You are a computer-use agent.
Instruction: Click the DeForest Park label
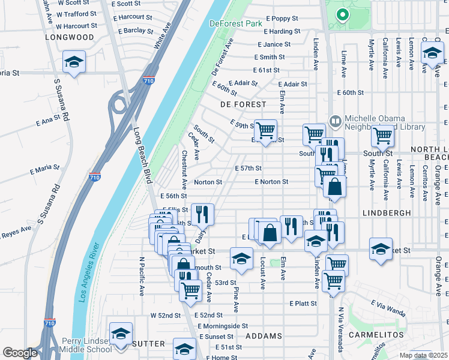[x=236, y=23]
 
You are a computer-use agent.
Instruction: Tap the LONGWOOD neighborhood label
[x=70, y=37]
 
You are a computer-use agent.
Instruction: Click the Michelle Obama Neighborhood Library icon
[x=335, y=121]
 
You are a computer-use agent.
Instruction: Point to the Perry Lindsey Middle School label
[x=84, y=344]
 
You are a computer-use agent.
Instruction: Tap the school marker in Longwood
[x=74, y=62]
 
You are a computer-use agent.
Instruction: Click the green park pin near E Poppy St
[x=343, y=14]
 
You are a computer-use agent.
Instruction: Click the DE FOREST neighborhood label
[x=243, y=104]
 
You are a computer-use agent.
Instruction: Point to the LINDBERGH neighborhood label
[x=387, y=213]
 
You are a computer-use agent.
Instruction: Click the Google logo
[x=20, y=353]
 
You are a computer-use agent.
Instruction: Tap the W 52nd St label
[x=166, y=315]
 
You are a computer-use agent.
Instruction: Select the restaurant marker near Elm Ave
[x=291, y=226]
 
